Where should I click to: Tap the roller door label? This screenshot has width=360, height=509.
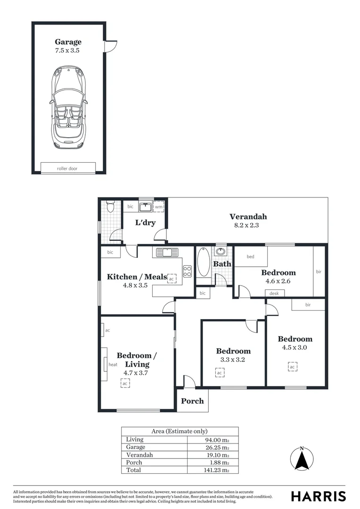[x=68, y=168]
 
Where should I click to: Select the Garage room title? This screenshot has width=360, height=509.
[x=68, y=42]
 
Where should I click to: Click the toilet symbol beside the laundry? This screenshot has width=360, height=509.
[x=110, y=206]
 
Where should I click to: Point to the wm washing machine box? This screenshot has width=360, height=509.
[x=159, y=206]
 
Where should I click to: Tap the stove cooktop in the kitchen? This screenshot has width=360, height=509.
[x=187, y=271]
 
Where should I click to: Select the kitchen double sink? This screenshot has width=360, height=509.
[x=167, y=252]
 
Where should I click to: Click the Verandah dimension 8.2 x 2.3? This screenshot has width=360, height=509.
[x=248, y=225]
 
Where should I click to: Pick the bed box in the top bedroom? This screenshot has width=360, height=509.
[x=251, y=257]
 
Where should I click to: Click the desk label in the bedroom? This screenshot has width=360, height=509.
[x=274, y=294]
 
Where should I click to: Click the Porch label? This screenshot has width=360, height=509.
[x=192, y=401]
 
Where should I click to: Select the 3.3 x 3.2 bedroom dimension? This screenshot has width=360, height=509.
[x=233, y=360]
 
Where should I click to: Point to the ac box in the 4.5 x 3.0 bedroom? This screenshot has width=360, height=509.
[x=292, y=367]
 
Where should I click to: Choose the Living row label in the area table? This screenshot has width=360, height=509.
[x=134, y=439]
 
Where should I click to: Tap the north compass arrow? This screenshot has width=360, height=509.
[x=302, y=459]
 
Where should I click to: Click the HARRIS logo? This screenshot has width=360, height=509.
[x=318, y=496]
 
